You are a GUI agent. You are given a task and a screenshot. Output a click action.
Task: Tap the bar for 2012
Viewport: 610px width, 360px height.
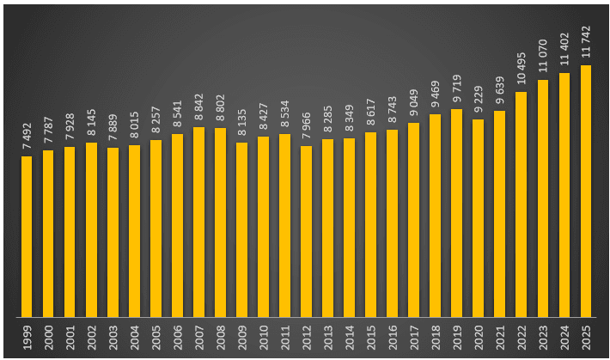click(x=306, y=231)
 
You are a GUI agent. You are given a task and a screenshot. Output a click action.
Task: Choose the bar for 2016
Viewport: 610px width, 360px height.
click(x=392, y=223)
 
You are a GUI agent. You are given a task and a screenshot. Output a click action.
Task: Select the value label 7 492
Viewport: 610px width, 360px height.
click(x=27, y=137)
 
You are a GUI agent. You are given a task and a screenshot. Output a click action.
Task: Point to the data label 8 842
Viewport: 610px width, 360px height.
click(x=198, y=108)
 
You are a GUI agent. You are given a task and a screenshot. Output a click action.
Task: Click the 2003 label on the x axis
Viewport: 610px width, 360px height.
click(x=113, y=337)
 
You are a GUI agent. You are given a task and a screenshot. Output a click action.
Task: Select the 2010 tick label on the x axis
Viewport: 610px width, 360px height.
click(x=263, y=337)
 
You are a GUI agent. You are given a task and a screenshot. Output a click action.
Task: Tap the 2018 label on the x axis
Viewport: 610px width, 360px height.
click(x=435, y=337)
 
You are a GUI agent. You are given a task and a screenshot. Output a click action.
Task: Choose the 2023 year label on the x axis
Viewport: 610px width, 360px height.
click(x=542, y=337)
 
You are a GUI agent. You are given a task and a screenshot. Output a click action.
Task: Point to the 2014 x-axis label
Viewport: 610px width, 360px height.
click(x=349, y=337)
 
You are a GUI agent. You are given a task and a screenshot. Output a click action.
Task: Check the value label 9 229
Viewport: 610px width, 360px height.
click(x=478, y=101)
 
